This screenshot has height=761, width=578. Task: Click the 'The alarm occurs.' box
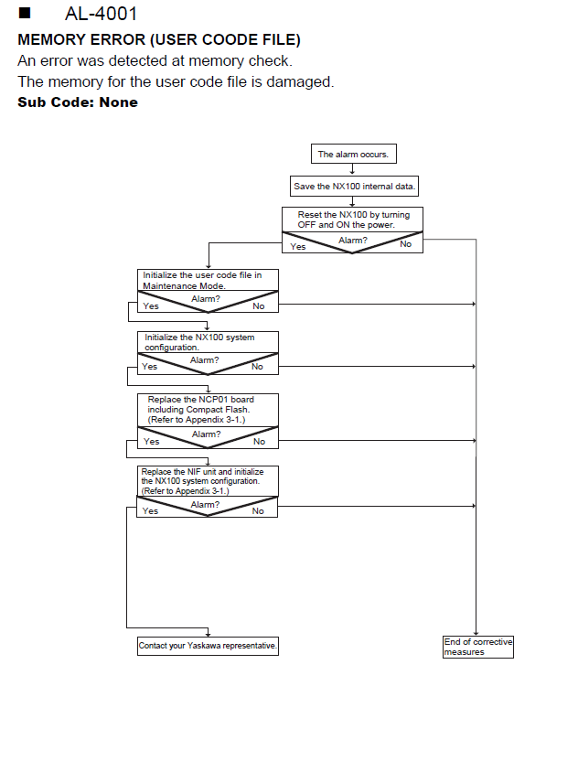[x=353, y=154]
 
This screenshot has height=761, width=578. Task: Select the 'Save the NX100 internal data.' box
[x=354, y=187]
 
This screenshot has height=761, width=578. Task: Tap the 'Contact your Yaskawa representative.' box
[x=208, y=646]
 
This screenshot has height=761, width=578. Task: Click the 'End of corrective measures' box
[x=478, y=647]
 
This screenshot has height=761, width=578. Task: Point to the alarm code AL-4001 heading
[x=101, y=14]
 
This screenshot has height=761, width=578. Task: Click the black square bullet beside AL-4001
[x=25, y=13]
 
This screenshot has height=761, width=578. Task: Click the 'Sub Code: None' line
[x=78, y=102]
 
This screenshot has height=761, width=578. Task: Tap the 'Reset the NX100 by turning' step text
[x=354, y=215]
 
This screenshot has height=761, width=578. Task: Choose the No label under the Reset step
[x=406, y=244]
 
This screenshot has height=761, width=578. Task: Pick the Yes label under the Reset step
[x=298, y=247]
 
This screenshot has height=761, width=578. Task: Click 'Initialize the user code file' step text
[x=202, y=275]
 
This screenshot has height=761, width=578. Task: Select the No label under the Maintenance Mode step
[x=259, y=306]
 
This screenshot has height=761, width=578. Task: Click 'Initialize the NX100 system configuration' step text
[x=199, y=342]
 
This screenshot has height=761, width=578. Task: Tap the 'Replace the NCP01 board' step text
[x=201, y=400]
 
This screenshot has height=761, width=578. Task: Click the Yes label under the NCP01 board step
[x=152, y=442]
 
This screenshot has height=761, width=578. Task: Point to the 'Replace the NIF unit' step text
[x=202, y=472]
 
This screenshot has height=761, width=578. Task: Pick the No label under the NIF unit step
[x=258, y=511]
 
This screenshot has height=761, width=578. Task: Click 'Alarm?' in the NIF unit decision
[x=205, y=505]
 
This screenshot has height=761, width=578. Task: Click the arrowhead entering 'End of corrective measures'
[x=476, y=633]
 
